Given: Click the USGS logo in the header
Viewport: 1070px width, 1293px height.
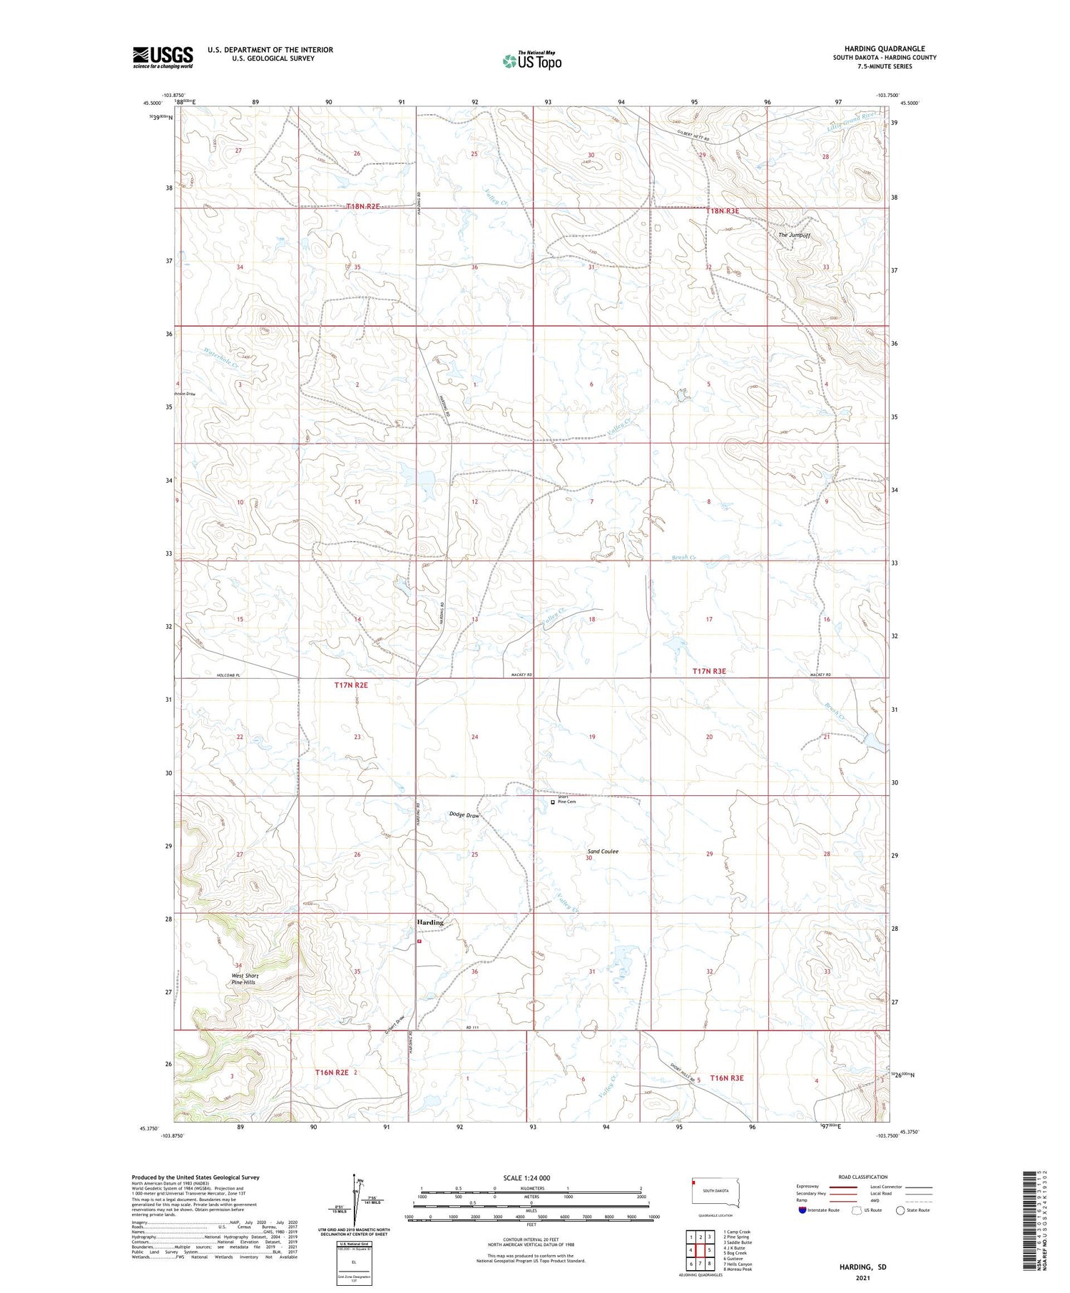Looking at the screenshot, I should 163,57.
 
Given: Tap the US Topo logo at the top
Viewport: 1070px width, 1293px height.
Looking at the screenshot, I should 532,61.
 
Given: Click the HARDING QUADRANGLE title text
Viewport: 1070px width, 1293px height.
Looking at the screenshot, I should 885,48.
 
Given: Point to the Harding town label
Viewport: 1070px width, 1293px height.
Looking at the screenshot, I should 430,922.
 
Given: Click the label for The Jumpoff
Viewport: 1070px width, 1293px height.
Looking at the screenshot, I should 794,235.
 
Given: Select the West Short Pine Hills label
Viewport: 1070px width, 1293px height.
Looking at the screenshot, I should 245,978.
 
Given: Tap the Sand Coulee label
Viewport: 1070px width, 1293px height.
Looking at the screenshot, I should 603,852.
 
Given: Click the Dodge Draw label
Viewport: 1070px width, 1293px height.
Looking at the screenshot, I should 464,815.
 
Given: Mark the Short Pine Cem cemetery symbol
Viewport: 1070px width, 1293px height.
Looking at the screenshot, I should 553,802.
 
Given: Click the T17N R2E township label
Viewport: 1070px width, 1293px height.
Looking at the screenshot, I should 351,685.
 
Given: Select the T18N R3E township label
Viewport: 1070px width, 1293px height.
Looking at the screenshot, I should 723,211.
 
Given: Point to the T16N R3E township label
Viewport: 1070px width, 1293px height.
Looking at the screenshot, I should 726,1078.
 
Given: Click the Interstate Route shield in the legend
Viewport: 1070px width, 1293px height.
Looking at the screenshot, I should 802,1210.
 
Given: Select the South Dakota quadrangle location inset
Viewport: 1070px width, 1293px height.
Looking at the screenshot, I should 715,1192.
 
